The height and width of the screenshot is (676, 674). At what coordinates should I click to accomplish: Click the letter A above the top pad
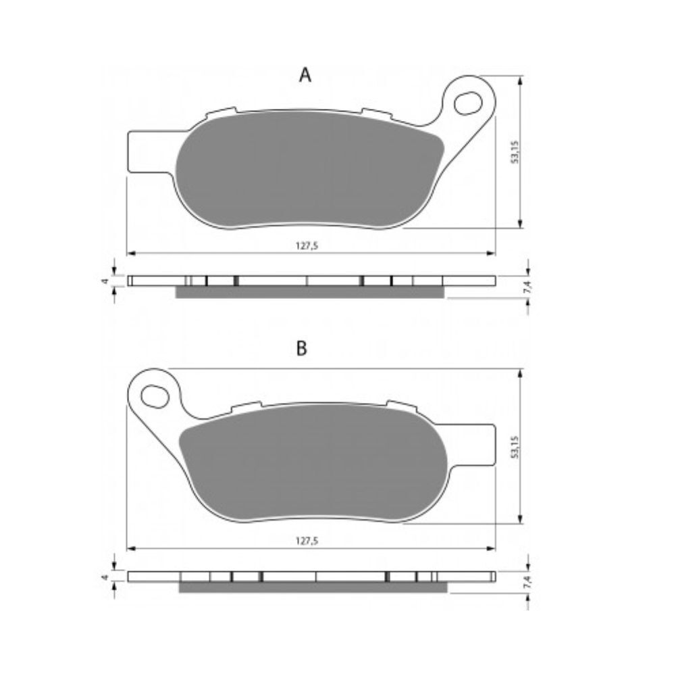coord(305,75)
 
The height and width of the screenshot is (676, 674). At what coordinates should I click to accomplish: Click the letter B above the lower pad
coord(301,348)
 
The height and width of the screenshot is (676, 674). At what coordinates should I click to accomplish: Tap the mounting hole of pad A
coord(468,103)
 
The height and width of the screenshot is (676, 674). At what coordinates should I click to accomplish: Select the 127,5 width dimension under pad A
coord(307,246)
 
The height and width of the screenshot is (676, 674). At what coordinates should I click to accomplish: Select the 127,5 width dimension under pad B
coord(307,541)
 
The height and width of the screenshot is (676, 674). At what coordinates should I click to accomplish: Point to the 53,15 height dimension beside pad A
coord(515,151)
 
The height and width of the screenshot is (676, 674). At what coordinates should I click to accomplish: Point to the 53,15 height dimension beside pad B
coord(515,447)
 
